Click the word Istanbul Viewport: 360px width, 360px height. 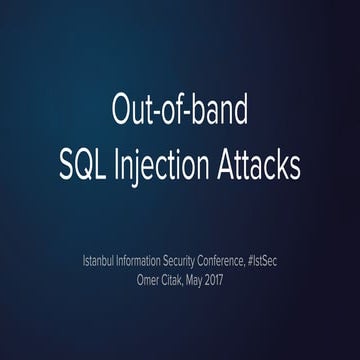point(102,262)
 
